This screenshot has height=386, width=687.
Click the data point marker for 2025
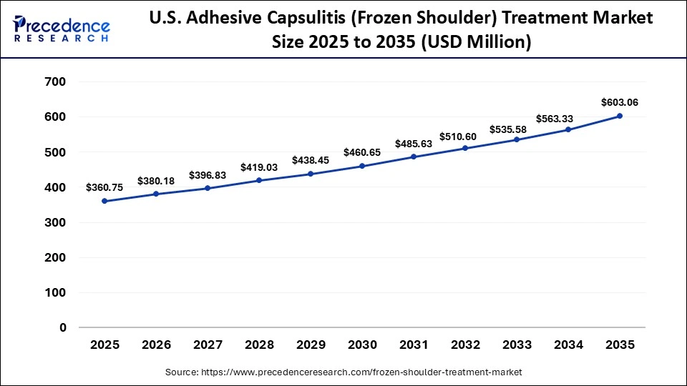point(104,201)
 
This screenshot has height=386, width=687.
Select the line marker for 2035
point(620,116)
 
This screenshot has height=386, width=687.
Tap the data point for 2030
point(362,166)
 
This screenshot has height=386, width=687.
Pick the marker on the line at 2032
point(465,148)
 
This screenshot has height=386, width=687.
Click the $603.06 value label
point(620,102)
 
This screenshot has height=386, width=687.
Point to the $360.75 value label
point(104,187)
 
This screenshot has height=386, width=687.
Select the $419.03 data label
point(259,167)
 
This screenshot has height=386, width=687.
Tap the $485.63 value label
point(414,144)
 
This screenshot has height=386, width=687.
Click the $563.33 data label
point(568,119)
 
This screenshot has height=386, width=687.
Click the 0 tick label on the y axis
point(63,327)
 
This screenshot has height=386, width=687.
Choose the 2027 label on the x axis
point(208,345)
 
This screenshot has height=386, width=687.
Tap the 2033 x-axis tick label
point(517,345)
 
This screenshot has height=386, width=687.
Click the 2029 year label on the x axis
point(311,345)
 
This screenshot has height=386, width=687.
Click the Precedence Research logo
point(62,29)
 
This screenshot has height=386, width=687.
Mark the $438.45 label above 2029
point(311,160)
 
